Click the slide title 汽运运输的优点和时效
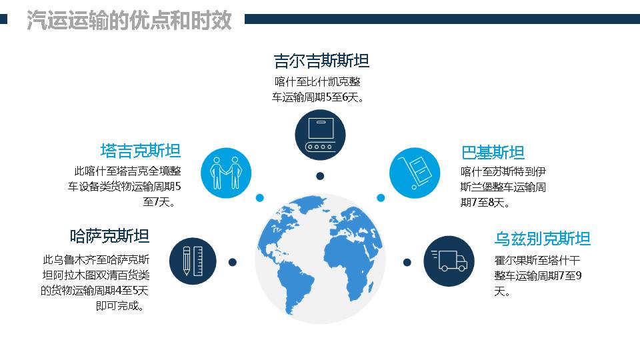click(x=129, y=20)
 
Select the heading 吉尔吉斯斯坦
click(x=321, y=61)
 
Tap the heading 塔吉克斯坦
click(x=141, y=151)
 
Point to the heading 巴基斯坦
click(x=493, y=153)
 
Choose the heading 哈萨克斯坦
click(x=109, y=236)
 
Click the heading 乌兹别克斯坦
click(x=543, y=239)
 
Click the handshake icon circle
click(x=226, y=173)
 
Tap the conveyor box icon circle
click(x=320, y=135)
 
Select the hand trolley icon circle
click(x=415, y=173)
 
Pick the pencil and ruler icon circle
click(x=193, y=261)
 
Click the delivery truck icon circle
click(x=449, y=261)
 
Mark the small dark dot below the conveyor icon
click(x=320, y=176)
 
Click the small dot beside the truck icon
click(x=407, y=262)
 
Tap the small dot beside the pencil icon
click(x=233, y=262)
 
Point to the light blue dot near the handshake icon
click(x=259, y=198)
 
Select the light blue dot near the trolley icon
click(x=381, y=198)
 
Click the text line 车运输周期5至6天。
click(x=318, y=97)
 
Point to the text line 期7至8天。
click(x=485, y=203)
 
